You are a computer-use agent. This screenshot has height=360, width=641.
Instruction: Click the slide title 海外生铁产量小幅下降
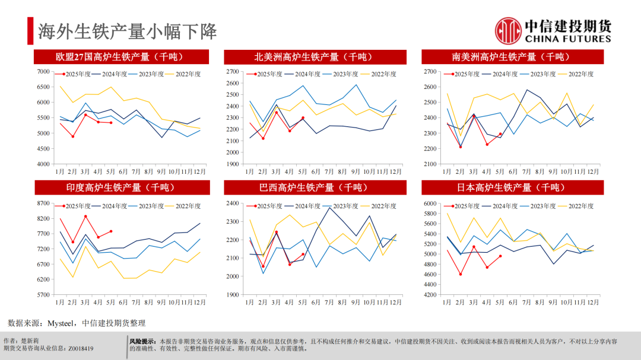pos(128,31)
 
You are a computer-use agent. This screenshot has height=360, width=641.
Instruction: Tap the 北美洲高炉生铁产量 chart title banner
pos(315,57)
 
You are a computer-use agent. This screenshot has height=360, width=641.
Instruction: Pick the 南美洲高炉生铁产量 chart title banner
pos(512,57)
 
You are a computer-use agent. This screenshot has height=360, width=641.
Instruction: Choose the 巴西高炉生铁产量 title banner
pos(315,187)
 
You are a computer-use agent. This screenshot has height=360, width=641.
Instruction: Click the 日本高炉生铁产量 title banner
pos(512,187)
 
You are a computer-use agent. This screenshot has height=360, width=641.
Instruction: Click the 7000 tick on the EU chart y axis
pos(43,72)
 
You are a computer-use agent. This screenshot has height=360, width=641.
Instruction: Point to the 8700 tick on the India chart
pos(43,203)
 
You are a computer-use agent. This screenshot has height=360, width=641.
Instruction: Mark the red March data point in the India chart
pos(85,216)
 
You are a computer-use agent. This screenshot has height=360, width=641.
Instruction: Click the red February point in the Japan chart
pos(461,274)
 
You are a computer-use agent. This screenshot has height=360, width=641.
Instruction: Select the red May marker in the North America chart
pos(303,117)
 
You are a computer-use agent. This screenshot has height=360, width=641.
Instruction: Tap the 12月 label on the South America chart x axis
pos(592,171)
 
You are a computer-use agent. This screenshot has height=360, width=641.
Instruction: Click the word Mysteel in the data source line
pos(60,323)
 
